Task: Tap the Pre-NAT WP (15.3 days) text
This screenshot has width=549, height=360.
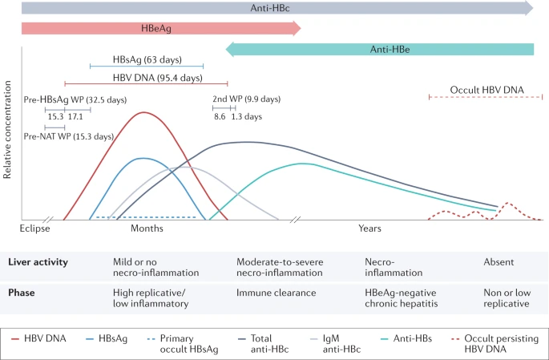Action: click(x=70, y=136)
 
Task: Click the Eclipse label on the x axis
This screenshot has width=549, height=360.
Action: click(x=34, y=229)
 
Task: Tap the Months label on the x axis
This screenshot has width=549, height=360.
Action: click(x=147, y=229)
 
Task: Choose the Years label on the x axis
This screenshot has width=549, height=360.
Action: click(x=369, y=229)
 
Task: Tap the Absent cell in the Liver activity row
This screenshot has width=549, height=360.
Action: click(x=499, y=262)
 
